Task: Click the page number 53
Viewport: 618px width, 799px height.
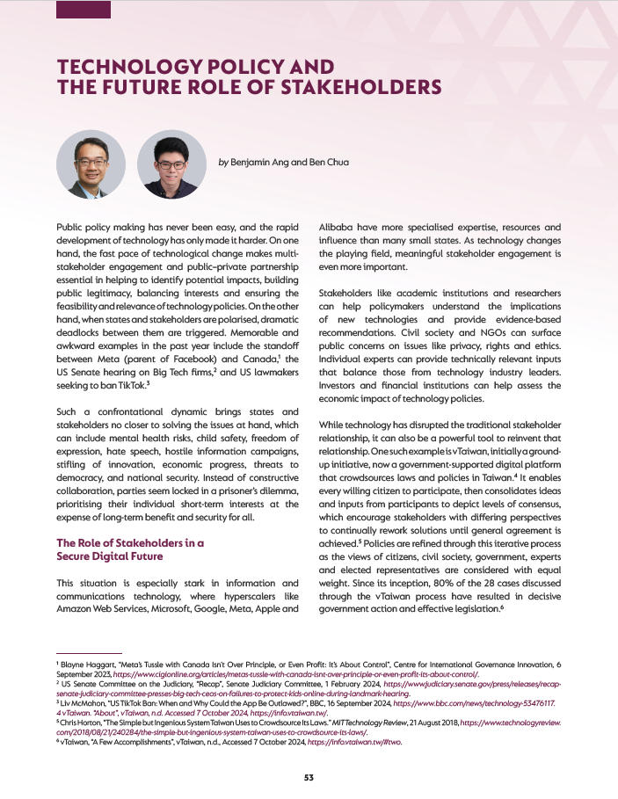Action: pos(309,777)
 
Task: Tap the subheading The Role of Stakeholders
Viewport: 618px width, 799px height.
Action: pos(129,543)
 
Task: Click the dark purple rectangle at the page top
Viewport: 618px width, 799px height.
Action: pos(84,9)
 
